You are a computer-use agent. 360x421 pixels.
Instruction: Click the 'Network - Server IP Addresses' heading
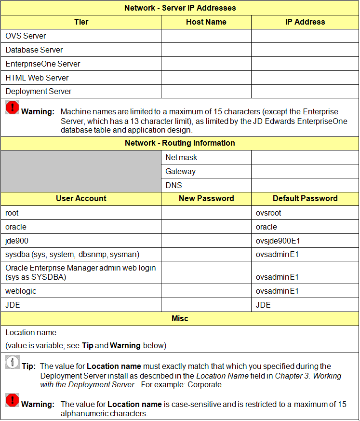tap(180, 8)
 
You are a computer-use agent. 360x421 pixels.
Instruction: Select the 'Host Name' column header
tap(206, 22)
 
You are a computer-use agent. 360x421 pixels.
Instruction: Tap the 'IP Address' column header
tap(305, 22)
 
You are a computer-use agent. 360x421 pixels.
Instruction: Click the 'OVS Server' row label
tap(26, 36)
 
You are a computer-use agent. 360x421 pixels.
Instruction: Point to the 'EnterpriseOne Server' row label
tap(43, 64)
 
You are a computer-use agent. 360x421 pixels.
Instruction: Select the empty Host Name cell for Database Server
tap(206, 50)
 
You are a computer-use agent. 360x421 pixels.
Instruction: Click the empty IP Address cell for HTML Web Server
tap(305, 78)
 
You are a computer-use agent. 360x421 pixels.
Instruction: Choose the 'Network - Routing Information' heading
tap(180, 143)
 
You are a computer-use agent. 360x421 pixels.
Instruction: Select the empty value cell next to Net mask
tap(305, 157)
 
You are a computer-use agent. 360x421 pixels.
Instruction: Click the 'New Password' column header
tap(206, 198)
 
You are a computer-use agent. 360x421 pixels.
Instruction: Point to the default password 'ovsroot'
tap(268, 213)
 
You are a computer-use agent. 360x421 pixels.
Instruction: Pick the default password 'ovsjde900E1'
tap(278, 241)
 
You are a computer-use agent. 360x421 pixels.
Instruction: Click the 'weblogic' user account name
tap(21, 291)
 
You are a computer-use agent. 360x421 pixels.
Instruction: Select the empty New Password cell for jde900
tap(206, 241)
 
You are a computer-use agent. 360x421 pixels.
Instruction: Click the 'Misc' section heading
tap(180, 318)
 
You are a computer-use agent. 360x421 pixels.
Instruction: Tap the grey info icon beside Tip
tap(13, 363)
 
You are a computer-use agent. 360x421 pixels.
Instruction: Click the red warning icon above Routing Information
tap(13, 108)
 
